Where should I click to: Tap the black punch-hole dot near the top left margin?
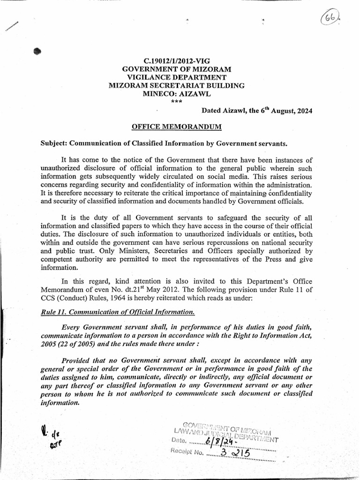pos(37,52)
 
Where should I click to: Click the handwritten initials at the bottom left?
pos(50,439)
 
